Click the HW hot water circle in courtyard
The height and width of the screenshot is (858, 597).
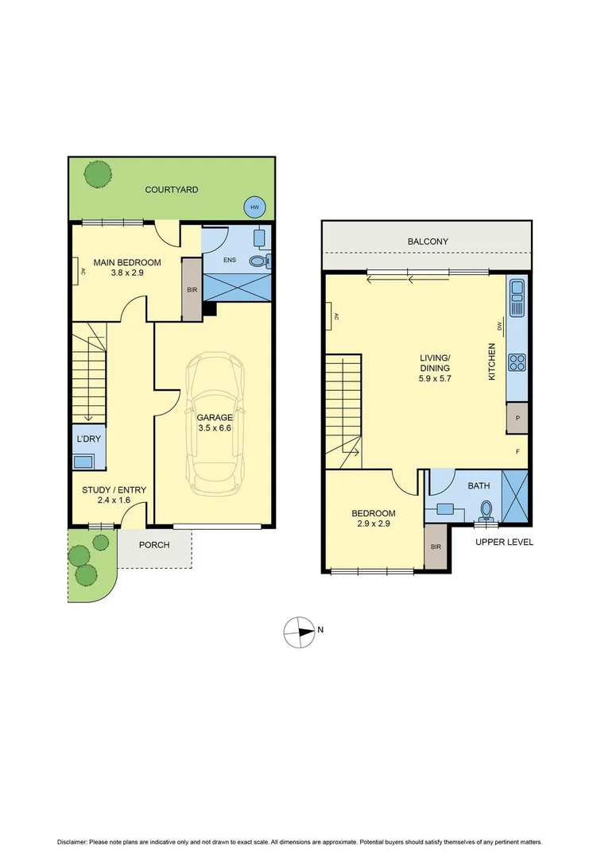tap(254, 207)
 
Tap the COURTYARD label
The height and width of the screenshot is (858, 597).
tap(171, 190)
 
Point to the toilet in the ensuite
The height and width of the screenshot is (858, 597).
tap(259, 260)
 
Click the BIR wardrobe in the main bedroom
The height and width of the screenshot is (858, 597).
tap(192, 289)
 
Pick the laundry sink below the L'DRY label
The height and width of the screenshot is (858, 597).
tap(83, 462)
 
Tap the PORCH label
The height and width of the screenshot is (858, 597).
tap(155, 545)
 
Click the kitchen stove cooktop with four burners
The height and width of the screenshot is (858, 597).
tap(517, 362)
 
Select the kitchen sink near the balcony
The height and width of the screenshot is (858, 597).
tap(517, 297)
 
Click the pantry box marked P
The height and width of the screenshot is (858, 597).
tap(518, 418)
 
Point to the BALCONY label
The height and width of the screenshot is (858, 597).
tap(428, 242)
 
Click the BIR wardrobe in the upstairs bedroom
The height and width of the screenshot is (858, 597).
tap(435, 547)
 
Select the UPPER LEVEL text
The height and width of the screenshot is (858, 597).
tap(504, 542)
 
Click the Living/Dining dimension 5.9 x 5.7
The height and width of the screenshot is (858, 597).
tap(435, 380)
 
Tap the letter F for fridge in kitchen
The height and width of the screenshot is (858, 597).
tap(518, 452)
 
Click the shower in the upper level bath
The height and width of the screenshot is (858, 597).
tap(515, 497)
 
